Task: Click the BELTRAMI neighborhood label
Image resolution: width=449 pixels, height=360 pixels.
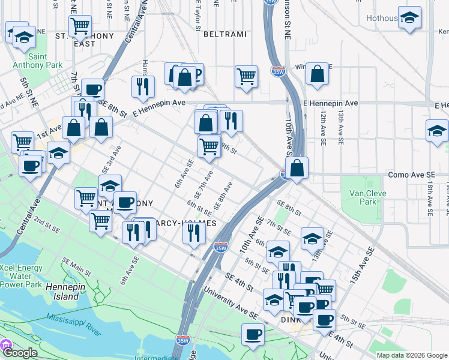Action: click(x=225, y=34)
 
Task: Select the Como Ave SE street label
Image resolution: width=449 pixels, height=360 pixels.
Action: click(x=411, y=175)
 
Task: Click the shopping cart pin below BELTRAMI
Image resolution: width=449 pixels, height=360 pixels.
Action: click(x=246, y=76)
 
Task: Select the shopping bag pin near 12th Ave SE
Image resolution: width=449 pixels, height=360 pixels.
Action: click(x=317, y=74)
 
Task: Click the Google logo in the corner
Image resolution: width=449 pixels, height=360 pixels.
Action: click(x=20, y=353)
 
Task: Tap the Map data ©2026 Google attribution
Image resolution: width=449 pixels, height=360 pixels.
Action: click(x=411, y=355)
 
